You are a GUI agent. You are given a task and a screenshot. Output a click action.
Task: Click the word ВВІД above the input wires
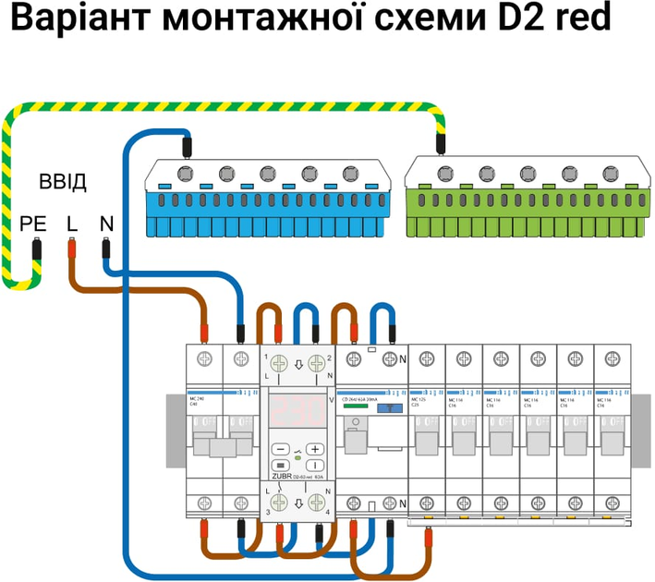[63, 181]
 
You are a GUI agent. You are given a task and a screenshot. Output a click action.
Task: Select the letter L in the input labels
[72, 224]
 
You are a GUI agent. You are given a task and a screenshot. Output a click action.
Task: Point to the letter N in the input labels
[106, 224]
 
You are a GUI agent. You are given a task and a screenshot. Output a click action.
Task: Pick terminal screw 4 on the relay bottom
[316, 504]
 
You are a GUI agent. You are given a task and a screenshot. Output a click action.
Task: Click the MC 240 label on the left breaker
[197, 399]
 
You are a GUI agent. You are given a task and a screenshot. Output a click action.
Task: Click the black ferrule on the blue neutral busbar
[187, 145]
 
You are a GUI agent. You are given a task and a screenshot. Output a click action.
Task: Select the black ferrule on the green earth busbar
[442, 143]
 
